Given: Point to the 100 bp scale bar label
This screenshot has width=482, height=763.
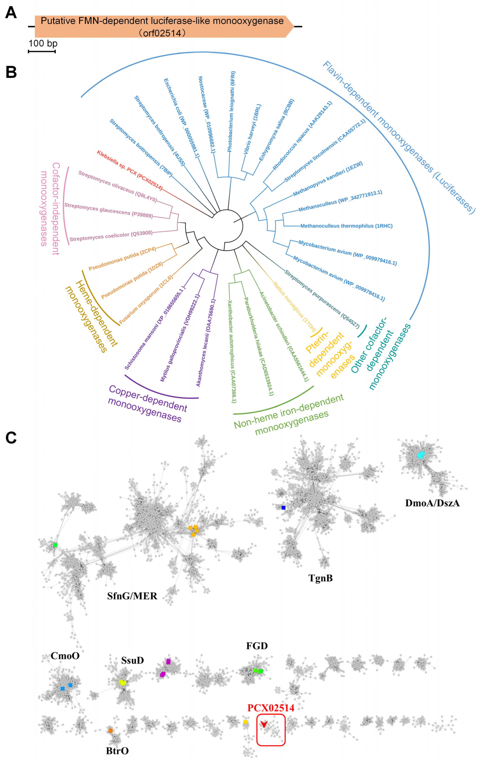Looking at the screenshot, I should pyautogui.click(x=43, y=43).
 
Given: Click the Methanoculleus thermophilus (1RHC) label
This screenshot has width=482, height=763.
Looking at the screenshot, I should pyautogui.click(x=346, y=226).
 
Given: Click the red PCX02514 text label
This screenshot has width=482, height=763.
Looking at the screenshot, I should pyautogui.click(x=271, y=707).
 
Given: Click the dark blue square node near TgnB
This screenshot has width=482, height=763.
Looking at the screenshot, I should pyautogui.click(x=283, y=508).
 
